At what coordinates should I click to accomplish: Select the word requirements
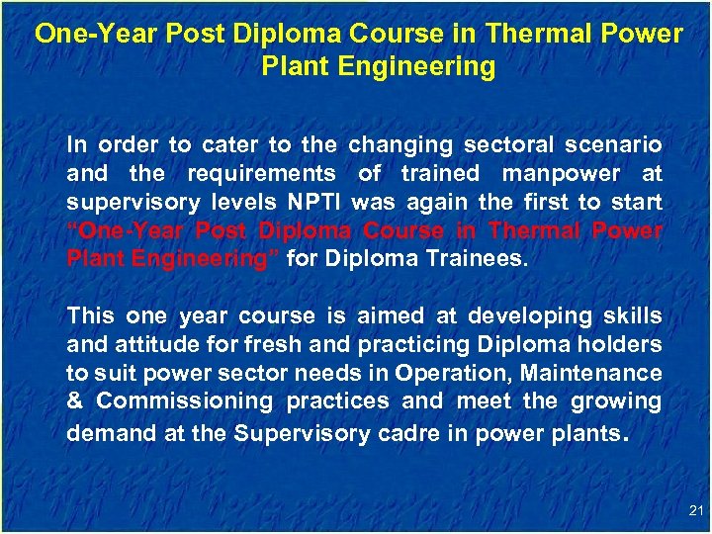[262, 174]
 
